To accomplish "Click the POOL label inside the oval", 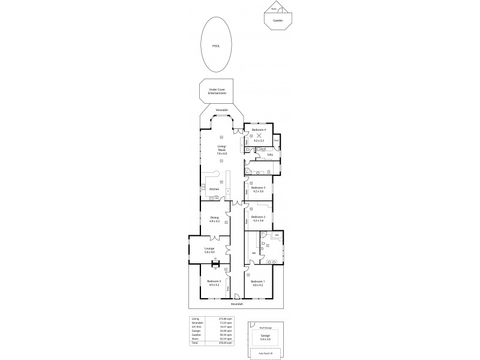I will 215,46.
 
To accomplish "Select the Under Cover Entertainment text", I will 217,92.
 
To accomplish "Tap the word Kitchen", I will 214,190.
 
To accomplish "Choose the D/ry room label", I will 271,155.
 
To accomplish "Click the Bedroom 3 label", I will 258,190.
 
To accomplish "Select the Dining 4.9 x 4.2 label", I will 214,220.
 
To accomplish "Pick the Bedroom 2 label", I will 258,218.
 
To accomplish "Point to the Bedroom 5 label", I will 214,283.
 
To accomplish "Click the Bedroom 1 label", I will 257,283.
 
